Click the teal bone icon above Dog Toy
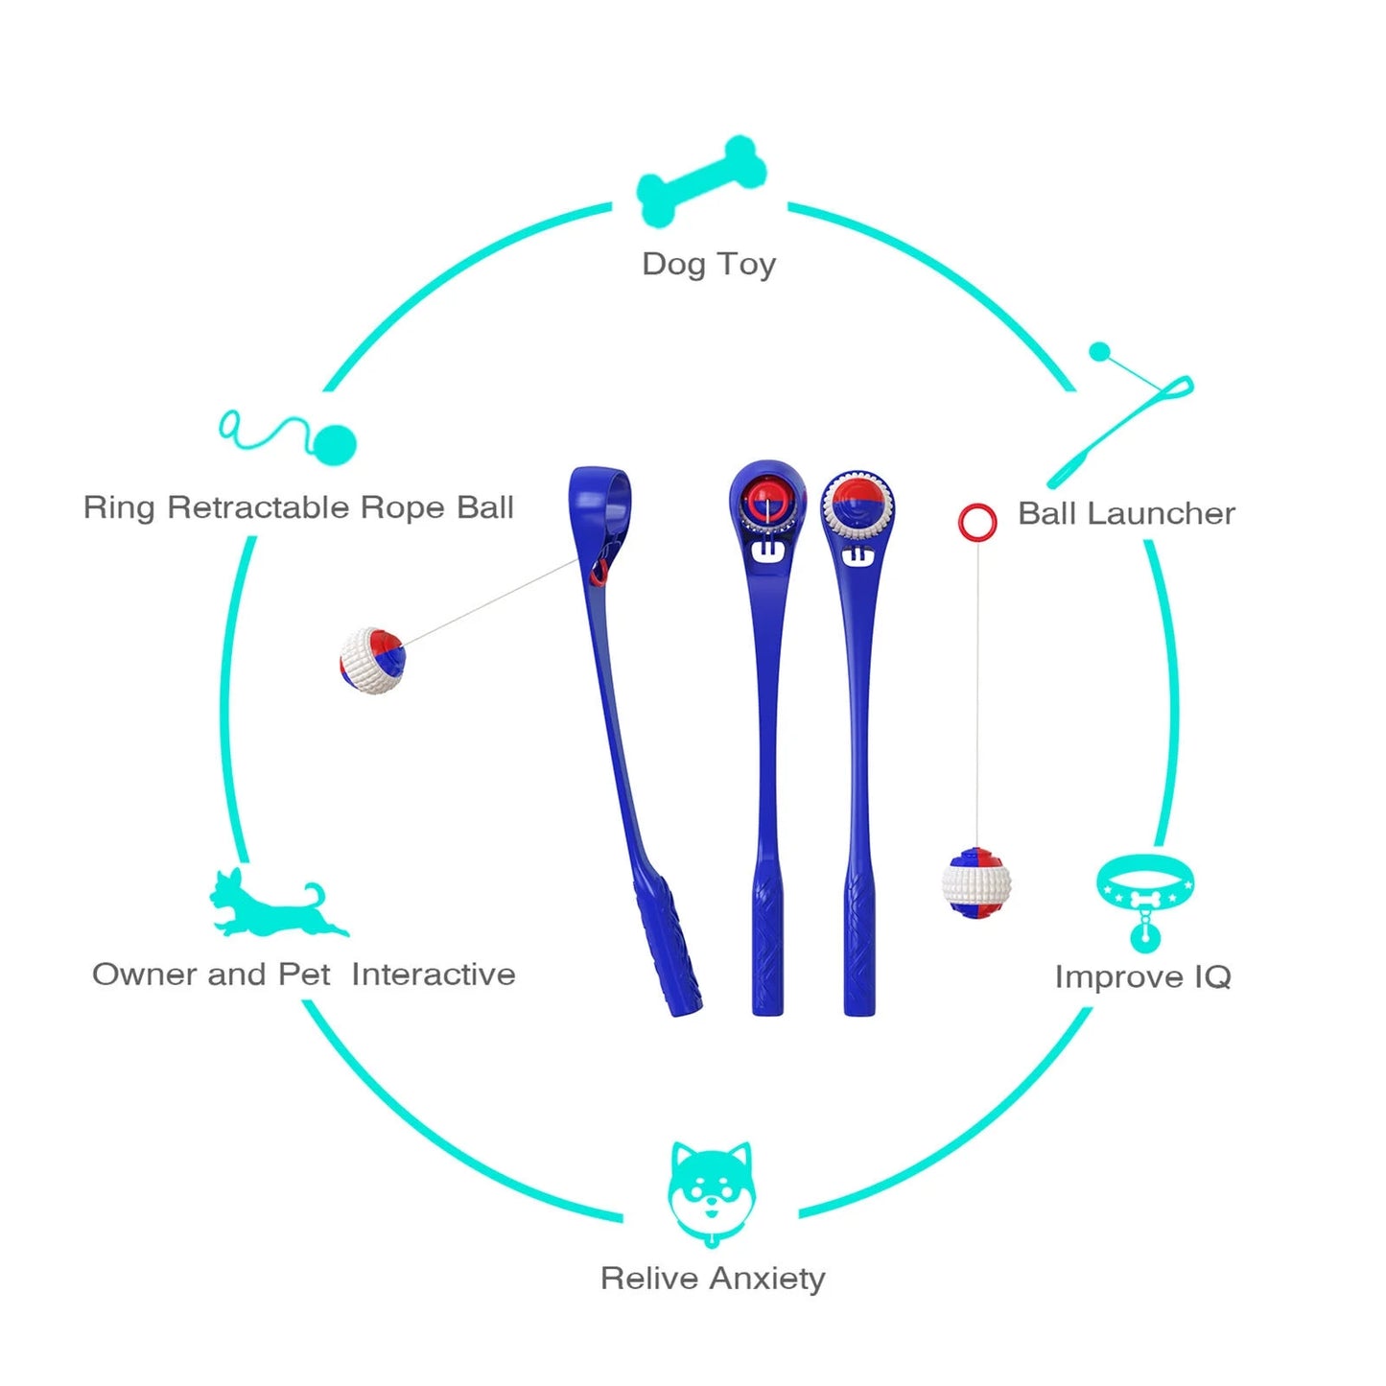point(701,181)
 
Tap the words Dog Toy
point(709,264)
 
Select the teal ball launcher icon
point(1123,414)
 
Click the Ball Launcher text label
point(1126,513)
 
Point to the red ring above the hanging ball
point(977,522)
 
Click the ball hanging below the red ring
point(976,882)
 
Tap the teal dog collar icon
point(1144,900)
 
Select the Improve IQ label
point(1142,976)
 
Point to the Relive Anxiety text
point(713,1279)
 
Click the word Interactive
point(434,975)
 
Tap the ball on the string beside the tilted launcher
point(373,661)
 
